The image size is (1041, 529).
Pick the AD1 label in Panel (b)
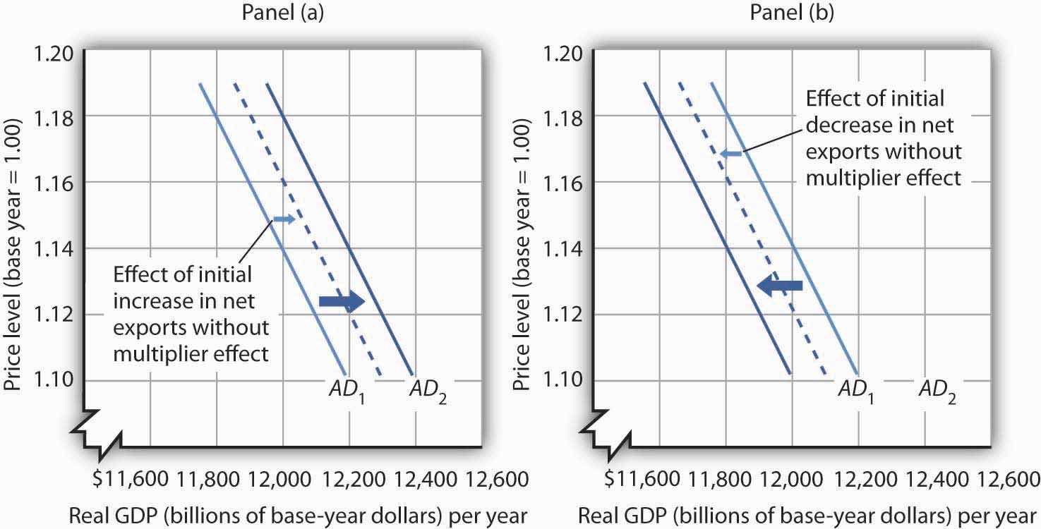point(857,389)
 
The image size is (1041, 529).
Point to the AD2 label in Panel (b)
point(937,389)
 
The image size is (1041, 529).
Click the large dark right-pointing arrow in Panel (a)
point(342,302)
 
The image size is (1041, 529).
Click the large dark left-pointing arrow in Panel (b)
point(779,286)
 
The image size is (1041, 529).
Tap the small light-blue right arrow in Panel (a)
point(284,219)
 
